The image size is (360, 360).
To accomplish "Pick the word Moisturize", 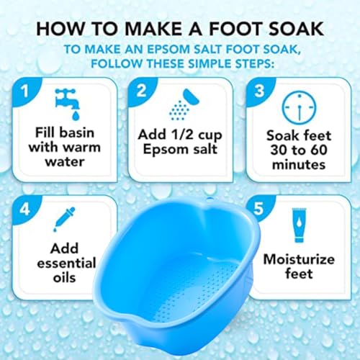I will (x=297, y=257).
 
